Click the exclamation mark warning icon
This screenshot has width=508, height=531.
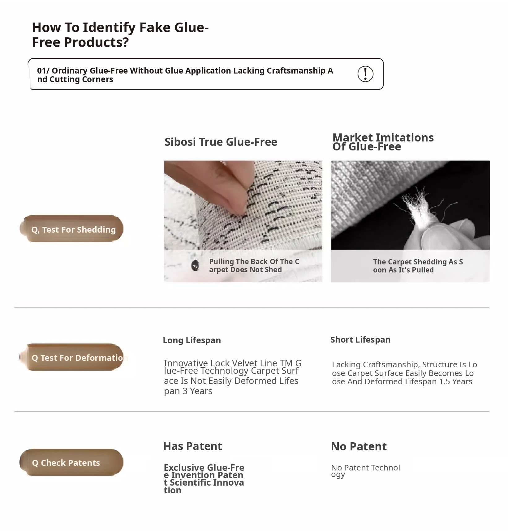[365, 74]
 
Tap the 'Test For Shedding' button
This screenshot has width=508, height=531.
[71, 229]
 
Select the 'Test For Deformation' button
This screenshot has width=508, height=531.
[71, 357]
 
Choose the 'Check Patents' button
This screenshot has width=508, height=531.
[71, 462]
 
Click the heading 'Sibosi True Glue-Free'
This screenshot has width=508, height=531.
[221, 142]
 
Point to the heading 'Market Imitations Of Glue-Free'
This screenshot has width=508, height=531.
[383, 142]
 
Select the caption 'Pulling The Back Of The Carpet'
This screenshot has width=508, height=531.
[254, 265]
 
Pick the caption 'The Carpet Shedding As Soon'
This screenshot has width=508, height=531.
[418, 266]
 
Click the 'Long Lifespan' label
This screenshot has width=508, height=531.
[192, 340]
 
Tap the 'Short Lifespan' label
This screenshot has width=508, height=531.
[360, 340]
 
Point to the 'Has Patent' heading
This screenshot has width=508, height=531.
[192, 446]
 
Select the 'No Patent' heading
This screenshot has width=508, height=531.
[359, 447]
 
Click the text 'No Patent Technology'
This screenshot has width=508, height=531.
[365, 471]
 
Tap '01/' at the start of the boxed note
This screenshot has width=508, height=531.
[43, 71]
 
